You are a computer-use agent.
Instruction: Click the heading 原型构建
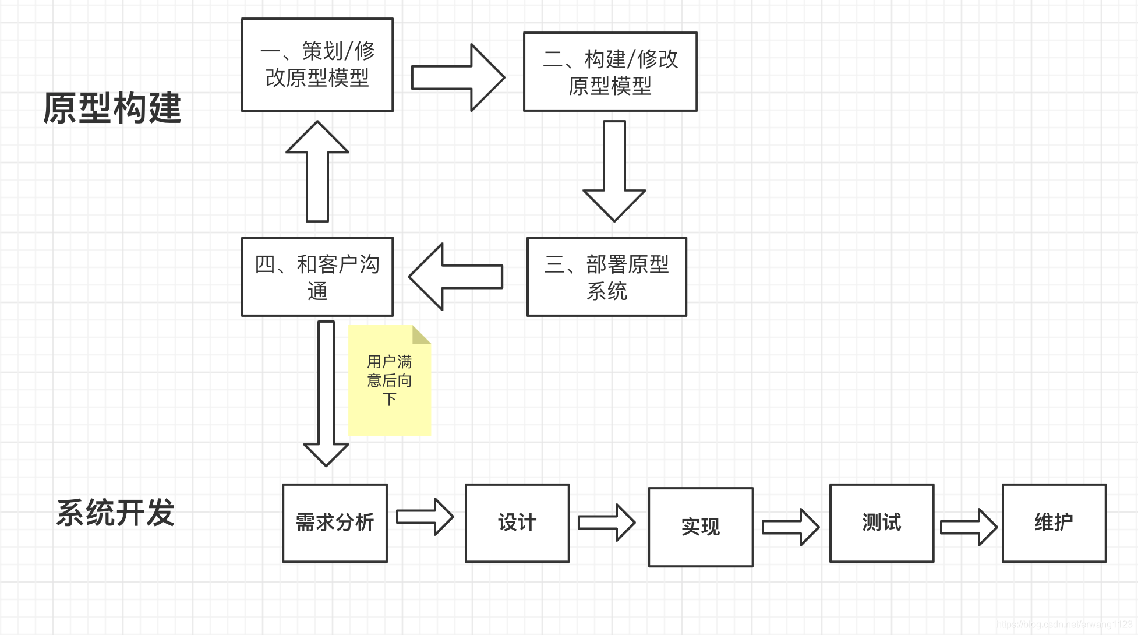112,108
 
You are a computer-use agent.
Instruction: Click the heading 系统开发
115,513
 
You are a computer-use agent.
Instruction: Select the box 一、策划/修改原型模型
317,65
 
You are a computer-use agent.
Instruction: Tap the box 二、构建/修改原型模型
610,72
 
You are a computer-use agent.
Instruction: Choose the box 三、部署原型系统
606,277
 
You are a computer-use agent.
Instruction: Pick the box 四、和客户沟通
317,277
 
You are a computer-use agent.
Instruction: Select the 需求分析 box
335,523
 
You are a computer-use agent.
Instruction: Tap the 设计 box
517,523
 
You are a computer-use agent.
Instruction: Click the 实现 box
701,527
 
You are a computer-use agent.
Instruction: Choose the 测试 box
882,523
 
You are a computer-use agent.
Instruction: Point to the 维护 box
1054,523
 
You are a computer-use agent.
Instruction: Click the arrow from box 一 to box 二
457,77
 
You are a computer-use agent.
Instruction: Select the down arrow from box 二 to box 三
614,172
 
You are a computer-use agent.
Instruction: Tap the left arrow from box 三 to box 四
456,277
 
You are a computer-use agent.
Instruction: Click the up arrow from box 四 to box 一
317,172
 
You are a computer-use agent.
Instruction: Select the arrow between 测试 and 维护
969,527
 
